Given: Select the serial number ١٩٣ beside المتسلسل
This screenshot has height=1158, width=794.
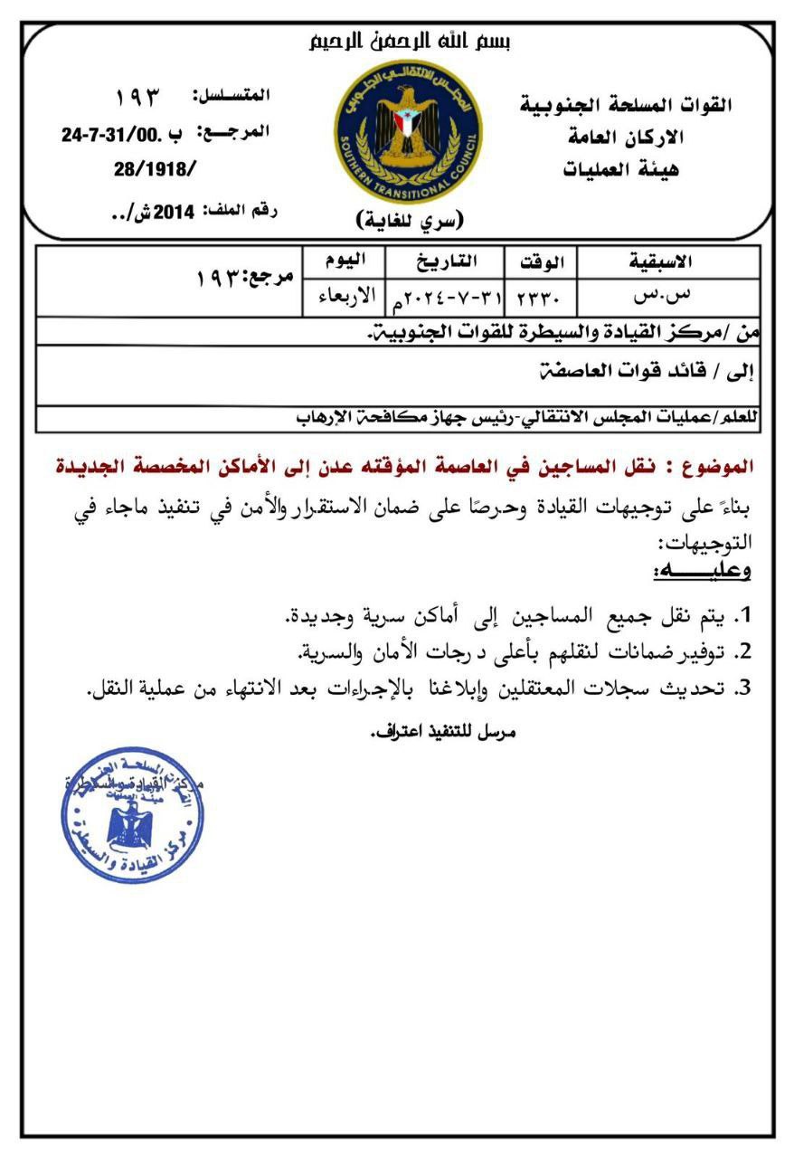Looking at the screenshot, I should [x=138, y=95].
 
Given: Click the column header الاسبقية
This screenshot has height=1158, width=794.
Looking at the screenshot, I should [x=660, y=262].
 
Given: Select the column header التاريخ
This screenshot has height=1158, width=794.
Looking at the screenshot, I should [x=444, y=262].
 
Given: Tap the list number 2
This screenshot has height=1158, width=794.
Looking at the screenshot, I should [x=742, y=650].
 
